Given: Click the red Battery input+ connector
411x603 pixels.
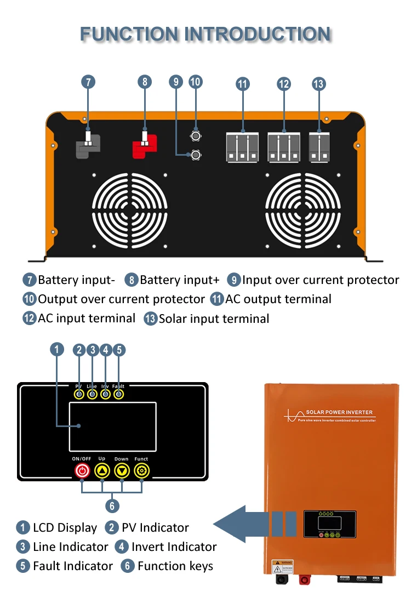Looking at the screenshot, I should (144, 147).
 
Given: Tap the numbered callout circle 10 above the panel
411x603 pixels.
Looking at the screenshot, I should (196, 82).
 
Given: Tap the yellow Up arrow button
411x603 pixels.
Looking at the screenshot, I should (102, 471).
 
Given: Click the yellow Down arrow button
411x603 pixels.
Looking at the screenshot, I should (122, 471).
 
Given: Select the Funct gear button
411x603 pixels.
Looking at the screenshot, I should (141, 471).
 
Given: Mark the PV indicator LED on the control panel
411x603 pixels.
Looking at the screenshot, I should (79, 394).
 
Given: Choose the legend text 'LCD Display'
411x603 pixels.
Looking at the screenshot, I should (65, 528).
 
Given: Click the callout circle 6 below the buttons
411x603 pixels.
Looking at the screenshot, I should (111, 505).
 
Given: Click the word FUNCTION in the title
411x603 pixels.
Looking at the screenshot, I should (130, 34).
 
